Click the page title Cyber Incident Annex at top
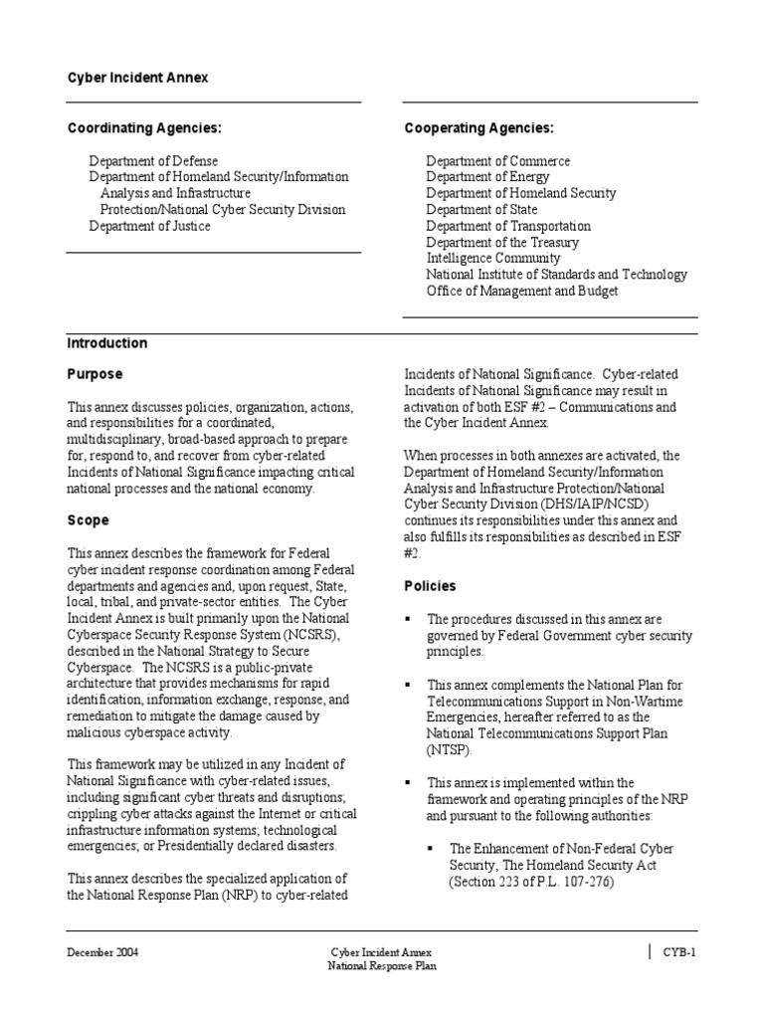click(137, 78)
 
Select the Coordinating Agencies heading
click(144, 128)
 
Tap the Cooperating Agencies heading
click(479, 128)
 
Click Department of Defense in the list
click(153, 161)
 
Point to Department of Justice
click(149, 226)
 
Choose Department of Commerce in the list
click(498, 161)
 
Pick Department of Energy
click(488, 177)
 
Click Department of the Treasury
click(502, 242)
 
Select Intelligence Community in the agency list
click(493, 258)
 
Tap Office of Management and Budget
click(522, 291)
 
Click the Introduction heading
click(107, 343)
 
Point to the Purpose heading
click(95, 374)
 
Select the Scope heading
click(89, 520)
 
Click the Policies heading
click(430, 586)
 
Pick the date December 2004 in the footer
click(102, 952)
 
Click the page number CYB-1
click(679, 952)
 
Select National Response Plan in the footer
click(383, 965)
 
